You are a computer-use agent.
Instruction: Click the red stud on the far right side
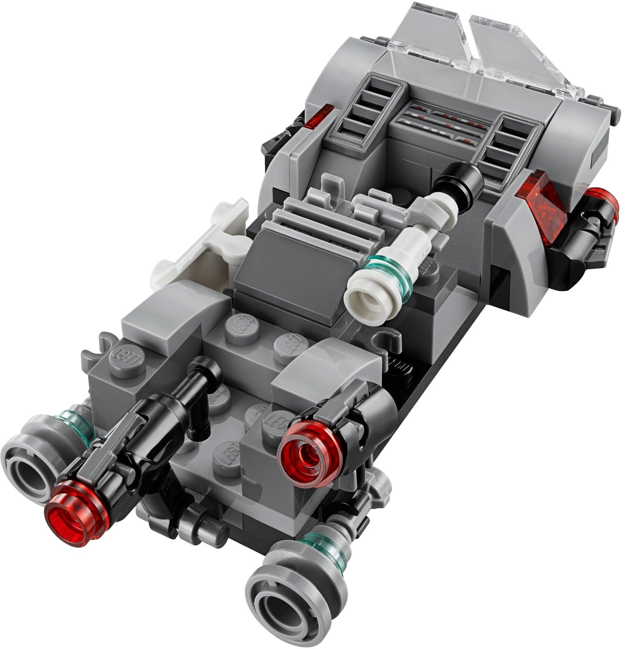coord(602,198)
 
